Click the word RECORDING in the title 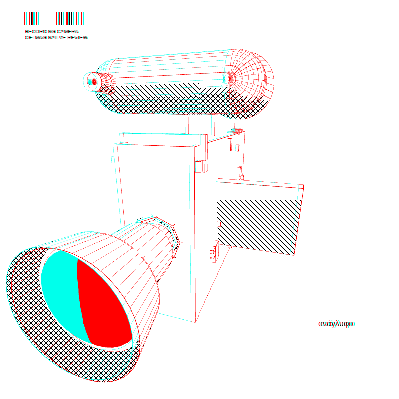pyautogui.click(x=40, y=32)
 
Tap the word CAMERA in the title pyautogui.click(x=68, y=32)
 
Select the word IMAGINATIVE pyautogui.click(x=50, y=38)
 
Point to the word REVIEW pyautogui.click(x=78, y=38)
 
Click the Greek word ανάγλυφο pyautogui.click(x=336, y=324)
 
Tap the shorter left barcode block pyautogui.click(x=32, y=18)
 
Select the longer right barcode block pyautogui.click(x=67, y=18)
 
